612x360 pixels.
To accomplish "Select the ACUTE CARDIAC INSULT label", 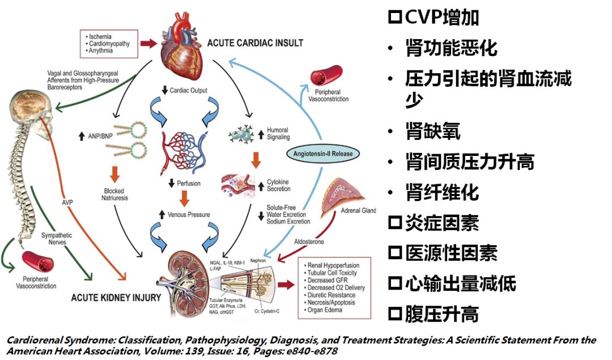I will coord(255,43).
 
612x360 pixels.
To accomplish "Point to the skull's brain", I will coord(29,108).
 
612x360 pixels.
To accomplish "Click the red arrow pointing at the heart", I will coord(149,43).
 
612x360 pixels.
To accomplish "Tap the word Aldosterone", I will coord(309,242).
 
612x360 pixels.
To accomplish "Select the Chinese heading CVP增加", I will coord(434,17).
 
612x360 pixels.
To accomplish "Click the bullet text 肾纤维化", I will coord(442,193).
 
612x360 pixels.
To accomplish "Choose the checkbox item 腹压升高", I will coord(434,314).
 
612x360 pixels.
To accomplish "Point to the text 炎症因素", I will coord(434,223).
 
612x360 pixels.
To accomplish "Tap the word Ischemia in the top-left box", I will coord(101,36).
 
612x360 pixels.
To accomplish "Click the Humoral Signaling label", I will coord(278,133).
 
